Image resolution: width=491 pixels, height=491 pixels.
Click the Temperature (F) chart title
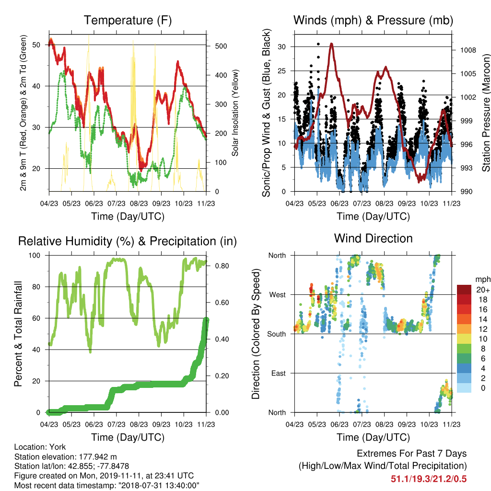128,20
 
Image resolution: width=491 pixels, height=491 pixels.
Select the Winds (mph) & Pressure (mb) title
373,20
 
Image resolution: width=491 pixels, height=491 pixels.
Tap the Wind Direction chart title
373,238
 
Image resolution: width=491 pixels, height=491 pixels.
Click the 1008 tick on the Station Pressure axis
468,50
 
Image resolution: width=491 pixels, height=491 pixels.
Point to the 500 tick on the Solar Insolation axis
221,46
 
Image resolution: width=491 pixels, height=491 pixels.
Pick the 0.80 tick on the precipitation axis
222,266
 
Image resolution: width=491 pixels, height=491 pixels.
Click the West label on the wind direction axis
278,295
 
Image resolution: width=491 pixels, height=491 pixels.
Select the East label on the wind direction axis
279,373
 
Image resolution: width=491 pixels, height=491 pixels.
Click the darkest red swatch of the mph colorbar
464,290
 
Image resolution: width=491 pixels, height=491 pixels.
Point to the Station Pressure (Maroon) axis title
486,113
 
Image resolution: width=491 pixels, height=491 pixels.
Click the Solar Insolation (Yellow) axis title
235,113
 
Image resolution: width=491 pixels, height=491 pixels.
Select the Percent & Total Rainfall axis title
18,334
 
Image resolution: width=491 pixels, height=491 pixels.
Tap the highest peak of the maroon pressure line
331,44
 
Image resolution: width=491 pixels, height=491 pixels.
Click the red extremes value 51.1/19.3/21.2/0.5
429,479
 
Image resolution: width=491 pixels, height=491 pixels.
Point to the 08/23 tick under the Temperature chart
139,203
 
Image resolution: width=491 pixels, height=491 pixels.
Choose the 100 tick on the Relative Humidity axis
35,255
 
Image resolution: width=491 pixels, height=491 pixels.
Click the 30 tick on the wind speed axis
282,47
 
